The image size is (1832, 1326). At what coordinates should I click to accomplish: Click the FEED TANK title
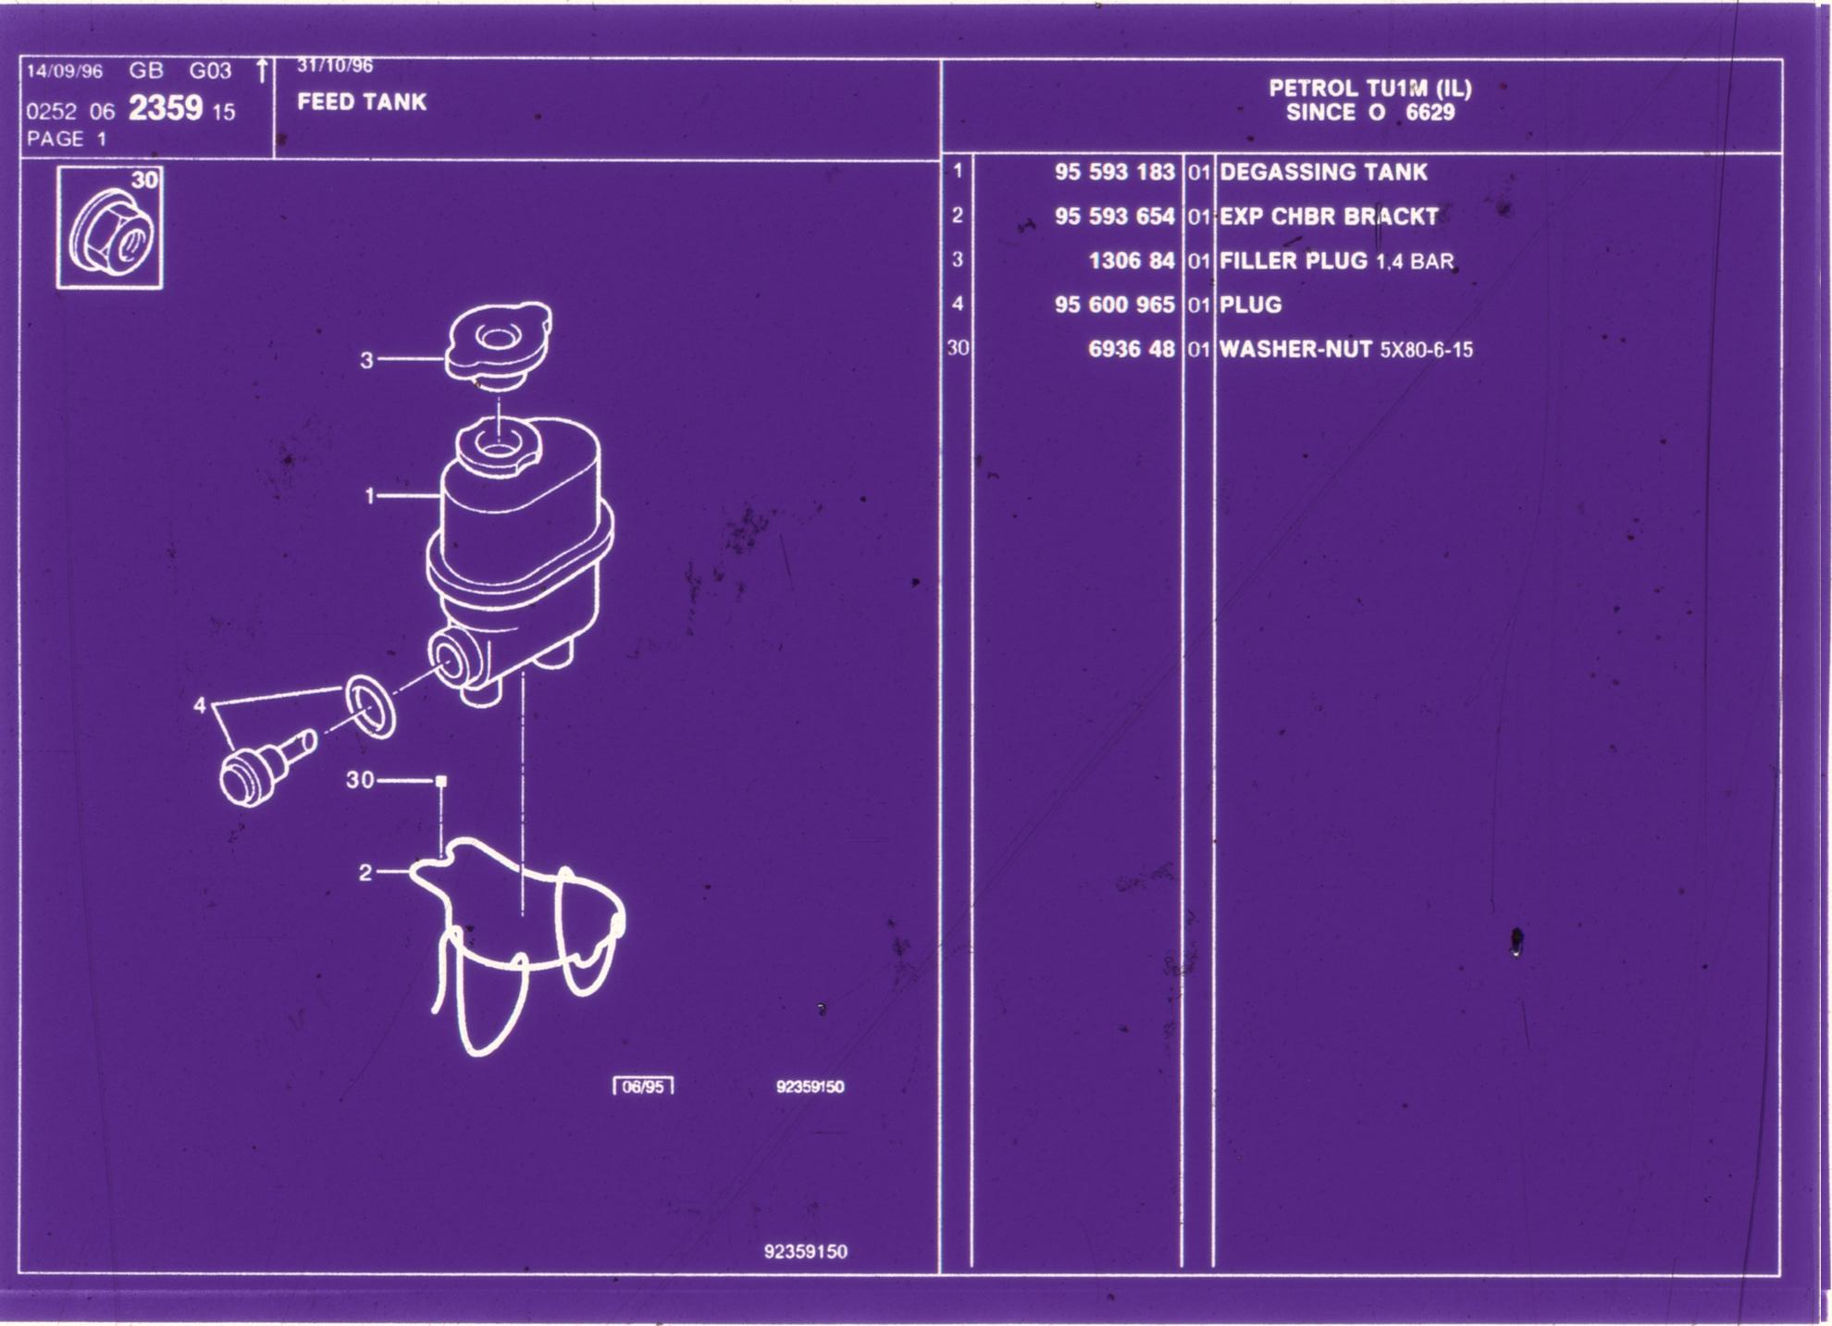pos(362,102)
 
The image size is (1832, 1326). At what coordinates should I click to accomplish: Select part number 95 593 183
pos(1115,172)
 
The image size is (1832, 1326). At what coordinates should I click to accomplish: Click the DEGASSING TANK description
pos(1324,172)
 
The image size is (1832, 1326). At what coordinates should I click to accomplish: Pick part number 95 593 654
pos(1115,217)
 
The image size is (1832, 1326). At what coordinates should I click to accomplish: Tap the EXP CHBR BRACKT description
pos(1330,217)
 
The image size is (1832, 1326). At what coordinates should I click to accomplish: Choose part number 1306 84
pos(1132,261)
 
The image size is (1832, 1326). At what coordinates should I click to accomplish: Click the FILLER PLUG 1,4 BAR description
pos(1337,261)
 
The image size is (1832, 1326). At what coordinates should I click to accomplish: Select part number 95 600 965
pos(1115,305)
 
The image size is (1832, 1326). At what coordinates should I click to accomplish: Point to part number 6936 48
pos(1132,350)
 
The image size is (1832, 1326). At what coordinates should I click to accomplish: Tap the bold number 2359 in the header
pos(166,109)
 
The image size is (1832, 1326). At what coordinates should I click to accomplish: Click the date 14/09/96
pos(64,72)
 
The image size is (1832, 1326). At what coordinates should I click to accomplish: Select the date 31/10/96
pos(335,66)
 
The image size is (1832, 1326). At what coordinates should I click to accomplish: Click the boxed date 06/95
pos(643,1086)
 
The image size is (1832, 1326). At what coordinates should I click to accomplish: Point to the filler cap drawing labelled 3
pos(498,341)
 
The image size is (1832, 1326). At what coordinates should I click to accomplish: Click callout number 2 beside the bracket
pos(365,873)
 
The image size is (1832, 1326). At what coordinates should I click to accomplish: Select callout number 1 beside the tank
pos(370,497)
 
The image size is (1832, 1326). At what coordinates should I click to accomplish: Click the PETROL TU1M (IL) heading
pos(1370,89)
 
